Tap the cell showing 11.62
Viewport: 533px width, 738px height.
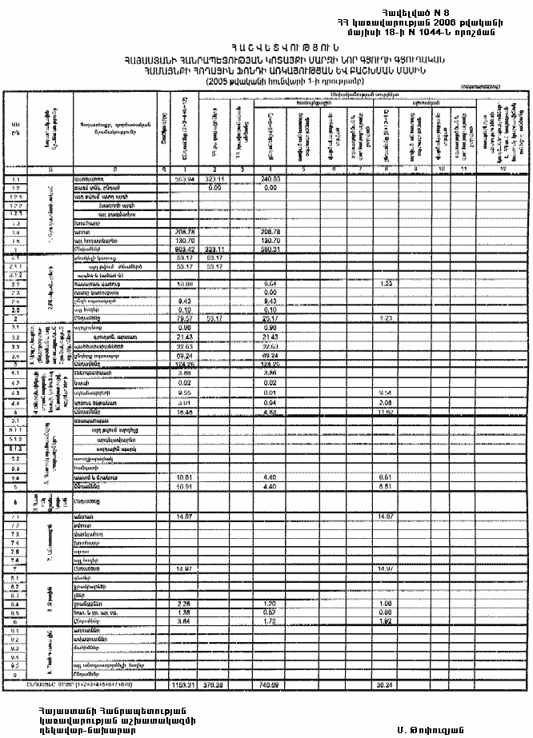pos(384,413)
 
